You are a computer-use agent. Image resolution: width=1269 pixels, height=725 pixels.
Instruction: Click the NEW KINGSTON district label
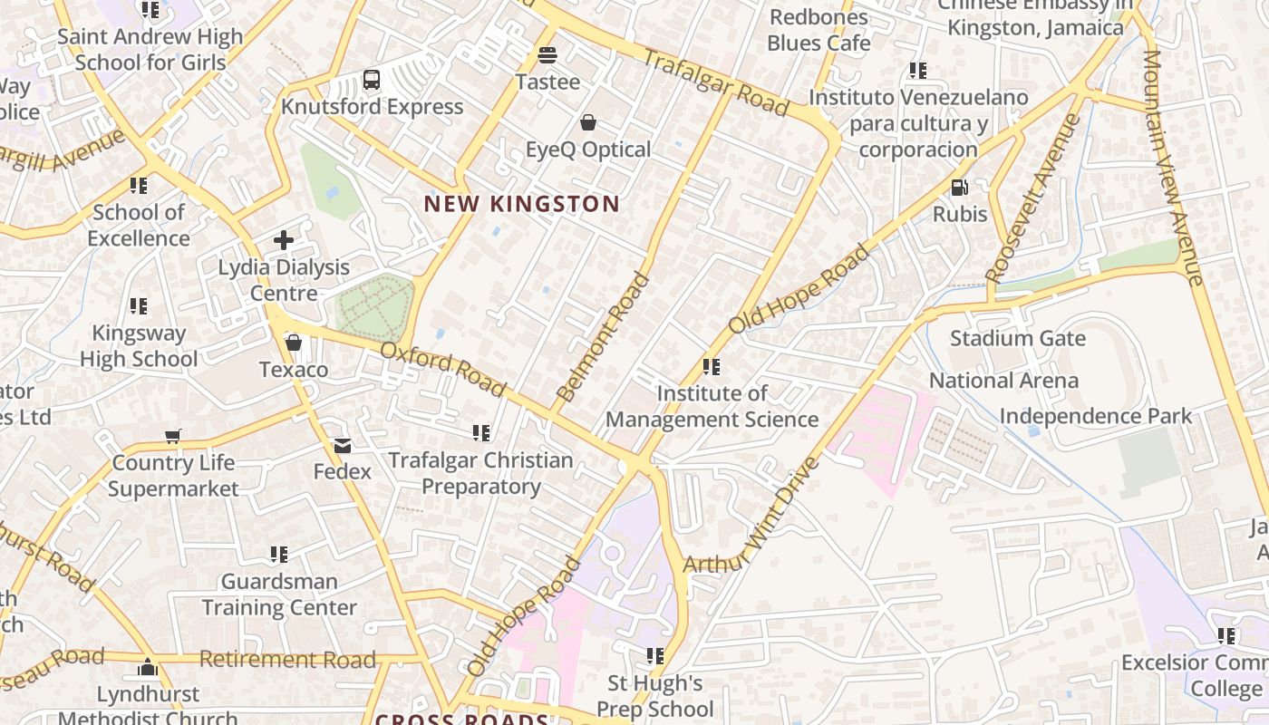[x=521, y=204]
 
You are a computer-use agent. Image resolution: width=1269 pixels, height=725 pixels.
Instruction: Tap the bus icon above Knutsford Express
[x=372, y=80]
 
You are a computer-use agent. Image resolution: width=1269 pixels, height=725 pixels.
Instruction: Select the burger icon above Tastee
[x=547, y=55]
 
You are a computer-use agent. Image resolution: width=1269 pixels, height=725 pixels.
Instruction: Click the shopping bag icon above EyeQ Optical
[x=588, y=122]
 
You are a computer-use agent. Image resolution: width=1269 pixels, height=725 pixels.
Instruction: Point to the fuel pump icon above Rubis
[x=959, y=188]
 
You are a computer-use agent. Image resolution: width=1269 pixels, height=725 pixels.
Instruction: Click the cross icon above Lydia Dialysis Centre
[x=284, y=240]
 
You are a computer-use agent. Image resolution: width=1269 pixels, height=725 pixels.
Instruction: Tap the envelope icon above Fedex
[x=343, y=445]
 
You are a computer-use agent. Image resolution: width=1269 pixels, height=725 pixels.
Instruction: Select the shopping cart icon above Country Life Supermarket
[x=173, y=436]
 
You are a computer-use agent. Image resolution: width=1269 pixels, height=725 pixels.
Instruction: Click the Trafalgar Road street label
[x=716, y=82]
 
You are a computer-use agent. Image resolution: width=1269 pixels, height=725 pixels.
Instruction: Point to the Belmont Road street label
[x=604, y=337]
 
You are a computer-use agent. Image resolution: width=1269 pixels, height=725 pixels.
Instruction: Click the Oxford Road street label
[x=442, y=369]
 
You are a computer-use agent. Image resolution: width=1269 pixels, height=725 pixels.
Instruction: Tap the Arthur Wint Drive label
[x=751, y=517]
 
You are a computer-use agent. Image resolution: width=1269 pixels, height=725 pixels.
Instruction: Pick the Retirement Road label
[x=286, y=659]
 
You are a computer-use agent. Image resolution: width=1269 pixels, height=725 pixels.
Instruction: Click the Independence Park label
[x=1095, y=416]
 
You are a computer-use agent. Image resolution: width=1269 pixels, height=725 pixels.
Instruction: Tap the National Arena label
[x=1003, y=381]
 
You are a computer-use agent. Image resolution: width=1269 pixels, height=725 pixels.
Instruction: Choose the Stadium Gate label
[x=1017, y=339]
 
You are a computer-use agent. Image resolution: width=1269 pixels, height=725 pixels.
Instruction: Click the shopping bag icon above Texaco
[x=293, y=343]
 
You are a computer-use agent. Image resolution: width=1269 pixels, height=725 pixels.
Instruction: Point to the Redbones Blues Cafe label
[x=819, y=30]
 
